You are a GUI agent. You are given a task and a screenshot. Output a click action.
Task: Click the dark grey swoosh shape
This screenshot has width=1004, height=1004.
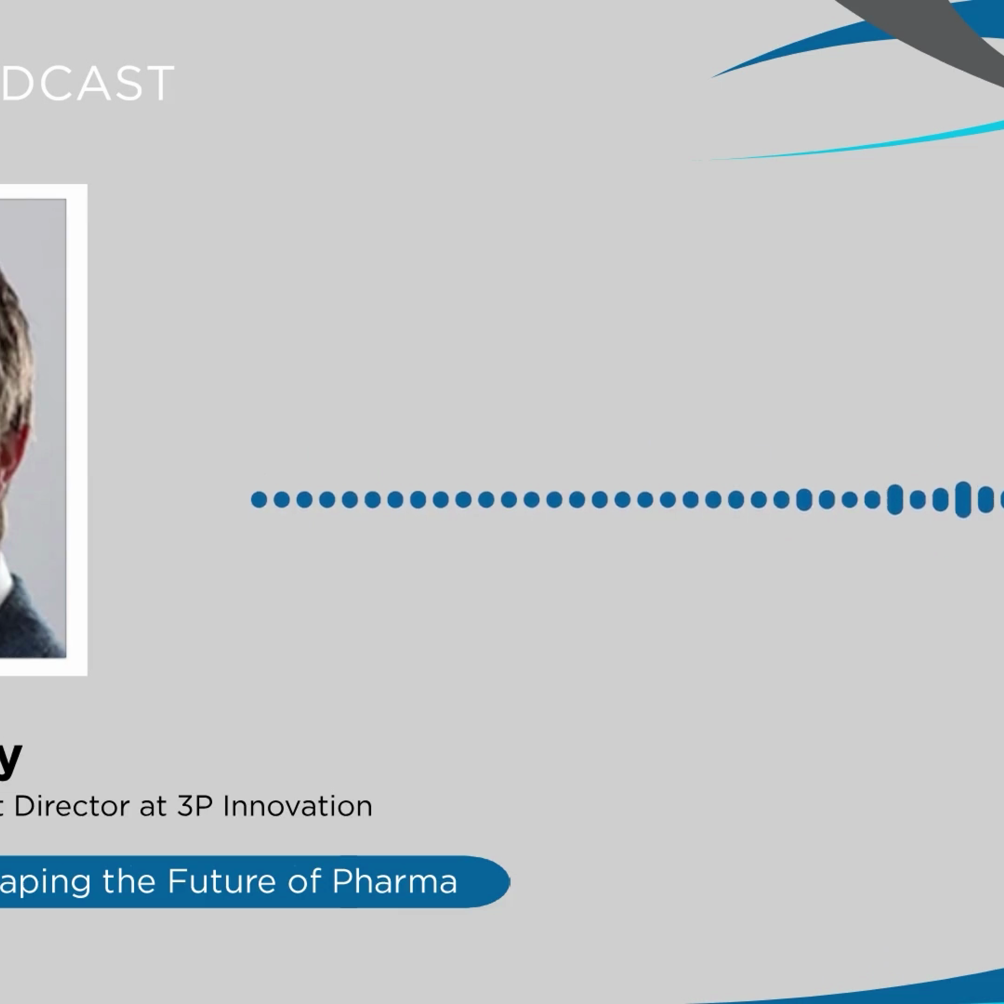click(935, 31)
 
